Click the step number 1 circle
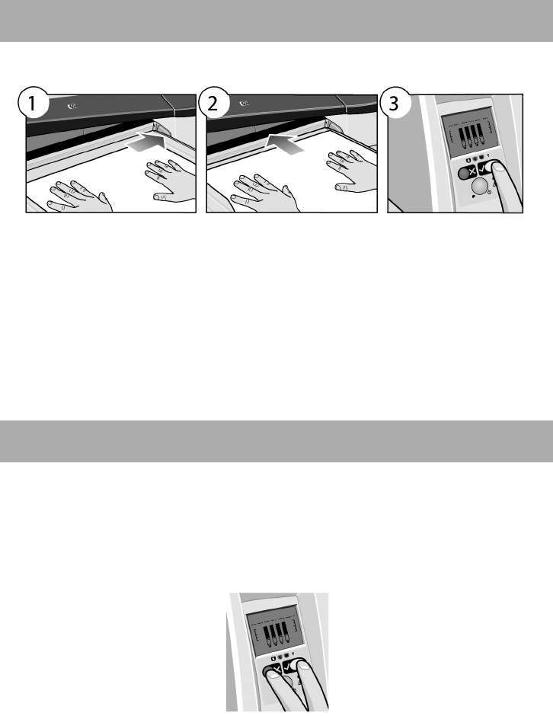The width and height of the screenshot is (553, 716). (32, 104)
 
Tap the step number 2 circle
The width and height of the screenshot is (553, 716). (213, 104)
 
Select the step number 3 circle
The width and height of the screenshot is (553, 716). (394, 104)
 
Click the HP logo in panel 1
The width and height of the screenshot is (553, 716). (72, 107)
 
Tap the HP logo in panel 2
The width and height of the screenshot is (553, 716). (244, 103)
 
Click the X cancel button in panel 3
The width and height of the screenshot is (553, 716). (471, 172)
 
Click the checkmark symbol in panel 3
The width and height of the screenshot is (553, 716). (483, 170)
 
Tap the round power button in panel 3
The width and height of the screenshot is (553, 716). (479, 187)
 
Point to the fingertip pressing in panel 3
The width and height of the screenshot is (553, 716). (499, 168)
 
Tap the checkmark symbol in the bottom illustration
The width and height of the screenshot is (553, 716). (287, 667)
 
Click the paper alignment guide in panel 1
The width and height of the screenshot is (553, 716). (162, 127)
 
